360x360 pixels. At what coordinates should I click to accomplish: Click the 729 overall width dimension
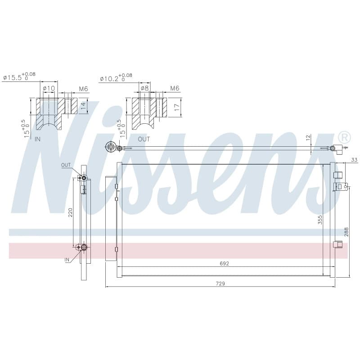(220, 283)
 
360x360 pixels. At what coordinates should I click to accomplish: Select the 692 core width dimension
(224, 264)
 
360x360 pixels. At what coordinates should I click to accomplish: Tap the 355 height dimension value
(320, 220)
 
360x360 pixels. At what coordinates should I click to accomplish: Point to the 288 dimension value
(346, 232)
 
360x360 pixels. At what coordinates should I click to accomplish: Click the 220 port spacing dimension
(70, 212)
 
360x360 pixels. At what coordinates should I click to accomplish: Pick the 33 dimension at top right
(354, 160)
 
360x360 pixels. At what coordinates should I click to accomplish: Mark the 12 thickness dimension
(308, 138)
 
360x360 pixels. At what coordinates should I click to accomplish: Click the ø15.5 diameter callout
(19, 76)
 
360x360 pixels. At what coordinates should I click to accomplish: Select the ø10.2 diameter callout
(116, 77)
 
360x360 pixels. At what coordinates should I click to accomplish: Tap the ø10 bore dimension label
(49, 88)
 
